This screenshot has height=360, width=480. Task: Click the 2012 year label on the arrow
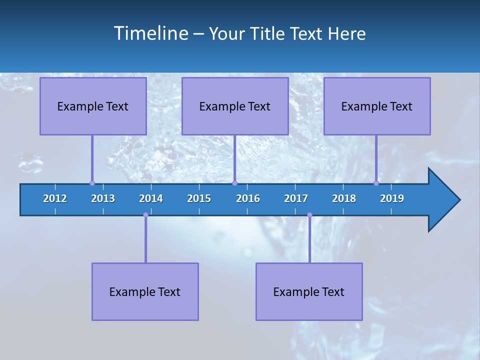[55, 198]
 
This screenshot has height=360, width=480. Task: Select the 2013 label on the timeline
[103, 198]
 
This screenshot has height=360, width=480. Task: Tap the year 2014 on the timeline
[151, 198]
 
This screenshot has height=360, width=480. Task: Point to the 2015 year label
[199, 198]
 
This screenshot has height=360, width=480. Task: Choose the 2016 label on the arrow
[248, 198]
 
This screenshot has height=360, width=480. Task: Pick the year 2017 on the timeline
[296, 198]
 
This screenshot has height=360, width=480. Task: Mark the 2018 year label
[344, 198]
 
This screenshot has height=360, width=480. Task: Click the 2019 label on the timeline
[392, 198]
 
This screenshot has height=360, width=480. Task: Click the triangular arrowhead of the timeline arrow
[443, 200]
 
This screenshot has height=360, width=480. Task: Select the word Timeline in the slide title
[151, 33]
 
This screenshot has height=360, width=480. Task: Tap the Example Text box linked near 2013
[93, 106]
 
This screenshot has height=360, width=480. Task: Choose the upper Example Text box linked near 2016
[235, 106]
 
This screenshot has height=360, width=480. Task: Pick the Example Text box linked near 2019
[377, 106]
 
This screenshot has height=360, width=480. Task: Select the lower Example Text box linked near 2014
[145, 291]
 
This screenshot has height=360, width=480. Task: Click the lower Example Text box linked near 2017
[309, 291]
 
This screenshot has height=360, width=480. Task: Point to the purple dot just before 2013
[92, 183]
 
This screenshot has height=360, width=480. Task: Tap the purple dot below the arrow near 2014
[145, 215]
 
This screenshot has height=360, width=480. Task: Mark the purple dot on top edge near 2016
[234, 183]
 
